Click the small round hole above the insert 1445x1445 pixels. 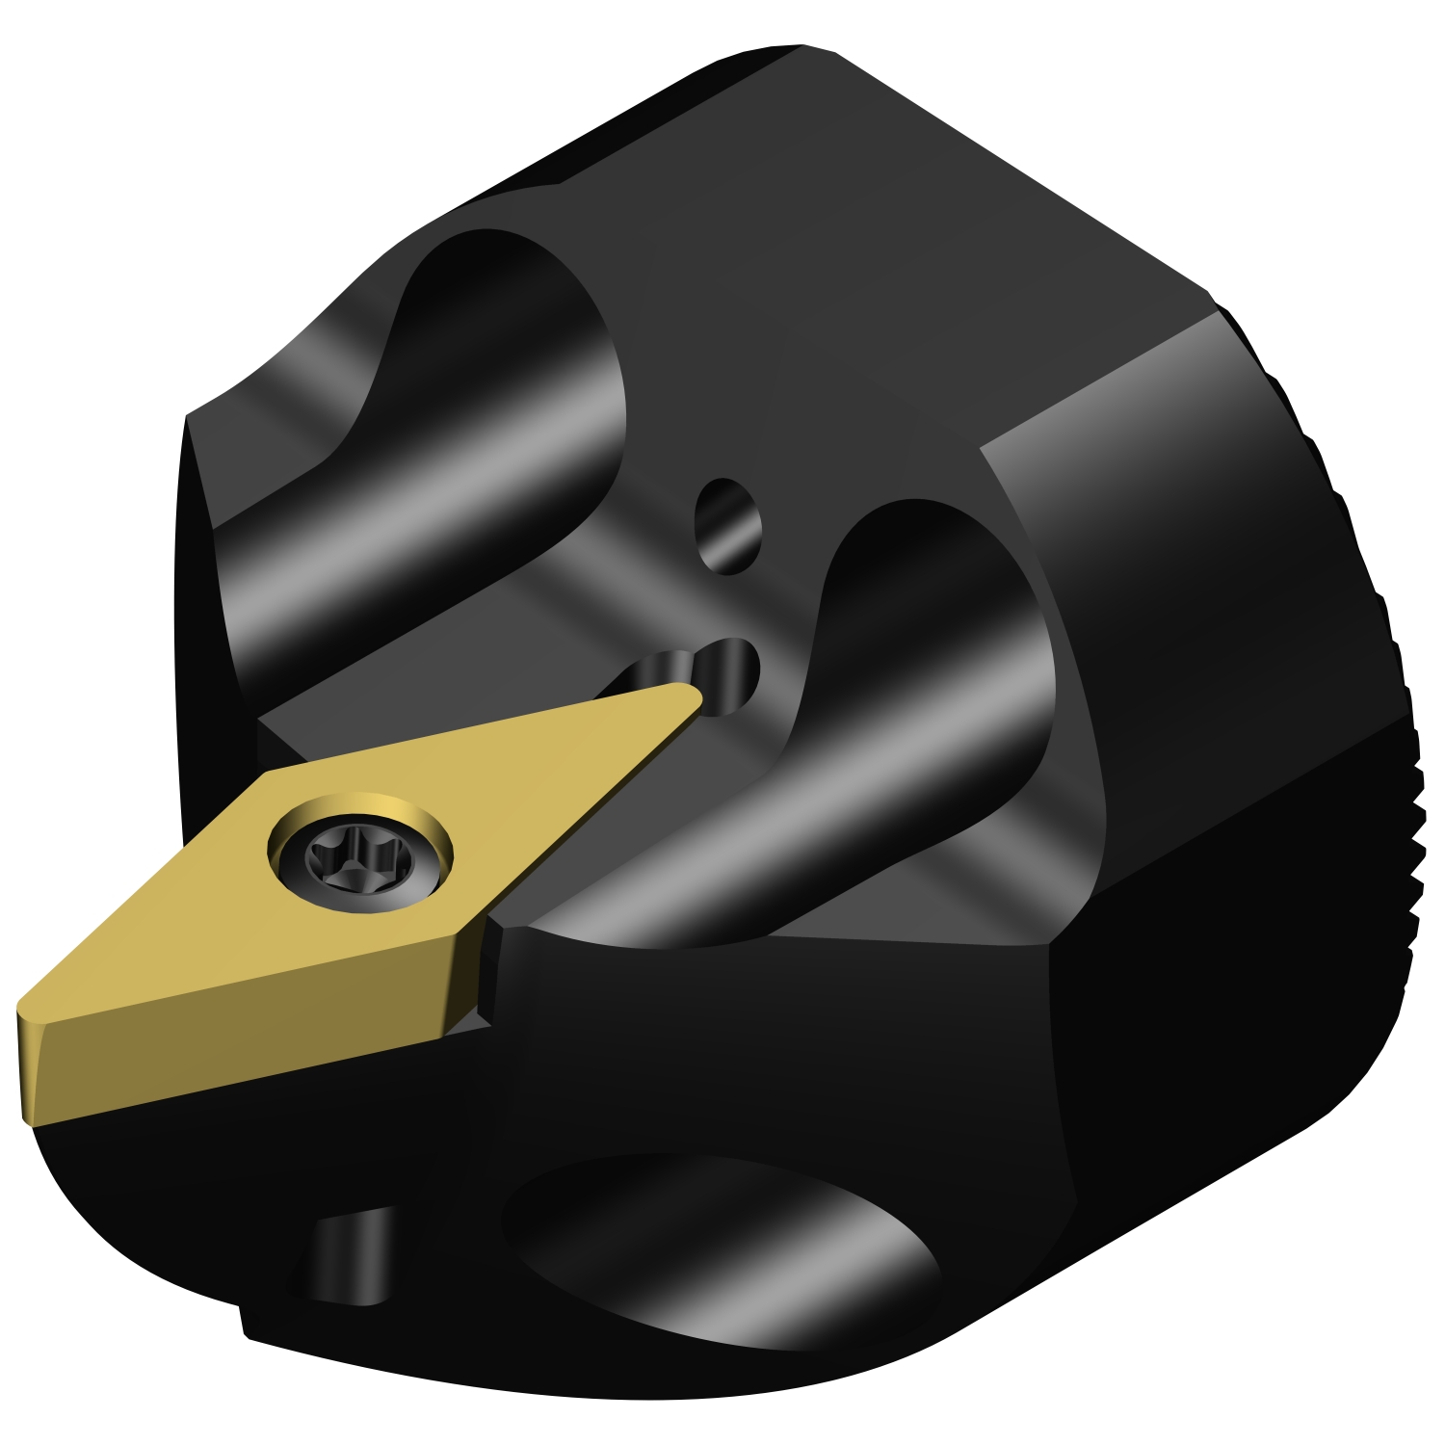tap(728, 526)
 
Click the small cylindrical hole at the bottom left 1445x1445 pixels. tap(352, 1257)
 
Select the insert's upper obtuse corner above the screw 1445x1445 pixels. tap(275, 771)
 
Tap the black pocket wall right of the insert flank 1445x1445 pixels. tap(486, 973)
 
